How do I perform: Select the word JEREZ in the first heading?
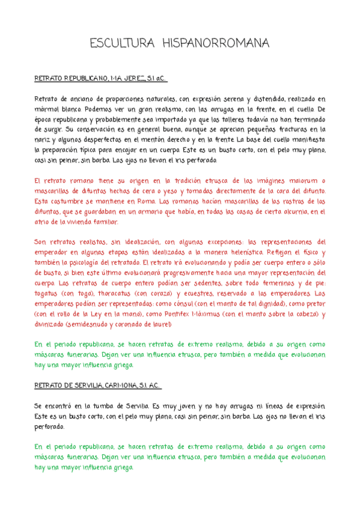(x=131, y=79)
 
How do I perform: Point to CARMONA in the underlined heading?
(x=122, y=384)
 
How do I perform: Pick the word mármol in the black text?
(x=49, y=109)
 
